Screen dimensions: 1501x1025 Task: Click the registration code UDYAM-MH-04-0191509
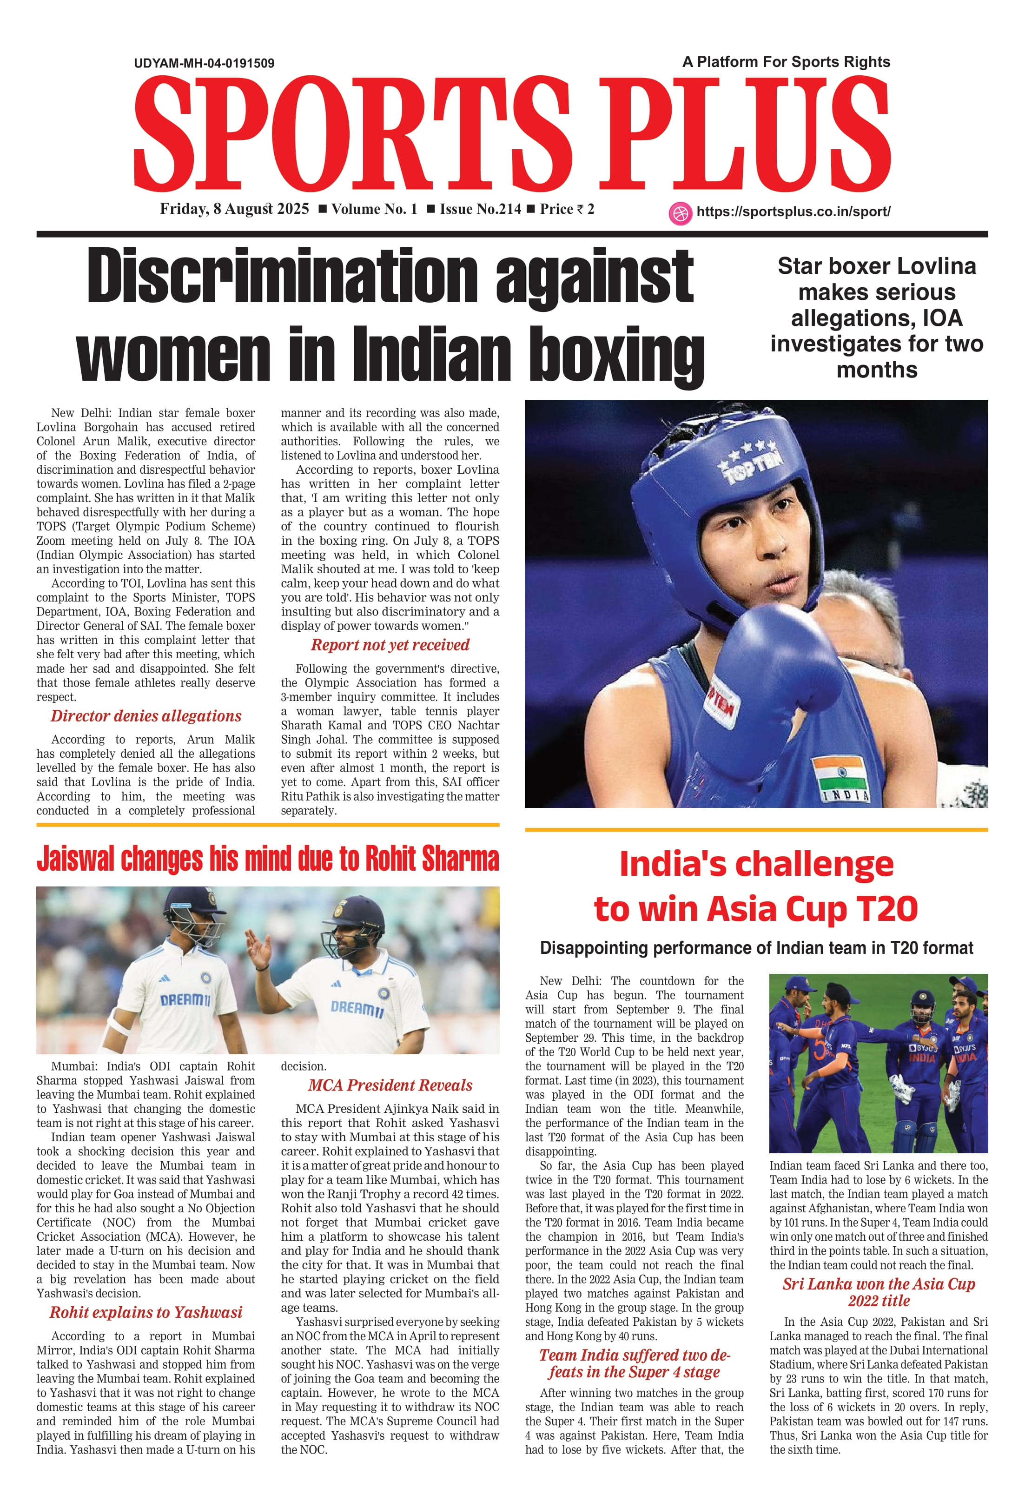tap(204, 63)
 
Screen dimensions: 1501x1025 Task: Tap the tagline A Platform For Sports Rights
tap(786, 62)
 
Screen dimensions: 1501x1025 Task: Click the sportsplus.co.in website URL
tap(793, 212)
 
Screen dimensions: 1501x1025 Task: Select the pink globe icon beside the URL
tap(680, 212)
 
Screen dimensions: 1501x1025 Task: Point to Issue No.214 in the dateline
tap(480, 209)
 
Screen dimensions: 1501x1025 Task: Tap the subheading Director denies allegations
tap(146, 716)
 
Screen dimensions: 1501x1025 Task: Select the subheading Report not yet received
tap(390, 645)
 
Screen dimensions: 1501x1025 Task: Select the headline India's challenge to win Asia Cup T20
tap(756, 886)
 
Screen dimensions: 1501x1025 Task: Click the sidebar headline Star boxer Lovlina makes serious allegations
tap(876, 318)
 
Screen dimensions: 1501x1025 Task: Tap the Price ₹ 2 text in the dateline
tap(567, 209)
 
